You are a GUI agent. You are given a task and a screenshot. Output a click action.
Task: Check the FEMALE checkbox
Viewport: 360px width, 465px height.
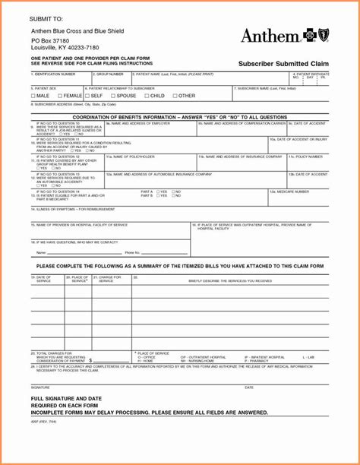pyautogui.click(x=59, y=96)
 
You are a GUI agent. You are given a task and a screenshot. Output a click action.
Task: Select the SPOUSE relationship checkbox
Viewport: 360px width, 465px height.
pyautogui.click(x=111, y=96)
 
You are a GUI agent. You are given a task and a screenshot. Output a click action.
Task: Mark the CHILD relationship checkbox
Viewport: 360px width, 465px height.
pyautogui.click(x=146, y=96)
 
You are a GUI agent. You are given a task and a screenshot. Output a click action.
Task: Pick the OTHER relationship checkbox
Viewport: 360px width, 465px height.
pyautogui.click(x=175, y=96)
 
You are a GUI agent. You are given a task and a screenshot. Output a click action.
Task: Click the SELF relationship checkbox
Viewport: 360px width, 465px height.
pyautogui.click(x=86, y=96)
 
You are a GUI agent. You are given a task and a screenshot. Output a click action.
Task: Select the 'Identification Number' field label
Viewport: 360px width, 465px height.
pyautogui.click(x=55, y=74)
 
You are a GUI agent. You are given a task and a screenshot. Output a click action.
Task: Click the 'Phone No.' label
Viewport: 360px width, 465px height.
pyautogui.click(x=132, y=251)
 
